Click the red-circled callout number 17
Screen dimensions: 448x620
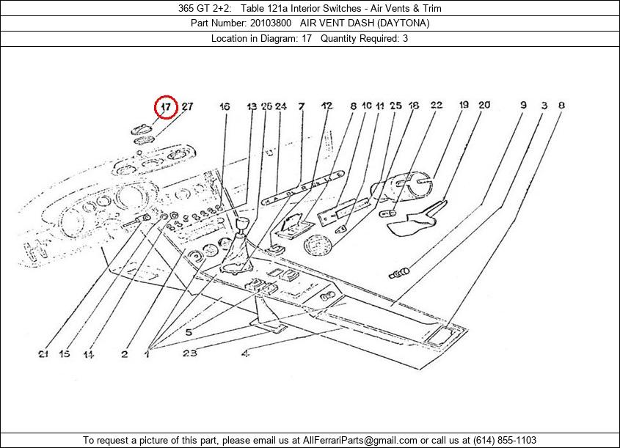[167, 107]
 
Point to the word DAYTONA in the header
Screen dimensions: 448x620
[403, 23]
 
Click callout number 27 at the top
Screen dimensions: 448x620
[187, 107]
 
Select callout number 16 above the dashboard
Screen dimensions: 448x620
[225, 107]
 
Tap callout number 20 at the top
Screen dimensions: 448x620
[484, 106]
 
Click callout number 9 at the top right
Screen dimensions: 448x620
[523, 106]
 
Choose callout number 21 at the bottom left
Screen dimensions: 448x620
[43, 354]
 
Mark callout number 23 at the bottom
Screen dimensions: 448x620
[190, 354]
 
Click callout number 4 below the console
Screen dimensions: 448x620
[245, 354]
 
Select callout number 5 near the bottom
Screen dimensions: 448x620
[188, 332]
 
